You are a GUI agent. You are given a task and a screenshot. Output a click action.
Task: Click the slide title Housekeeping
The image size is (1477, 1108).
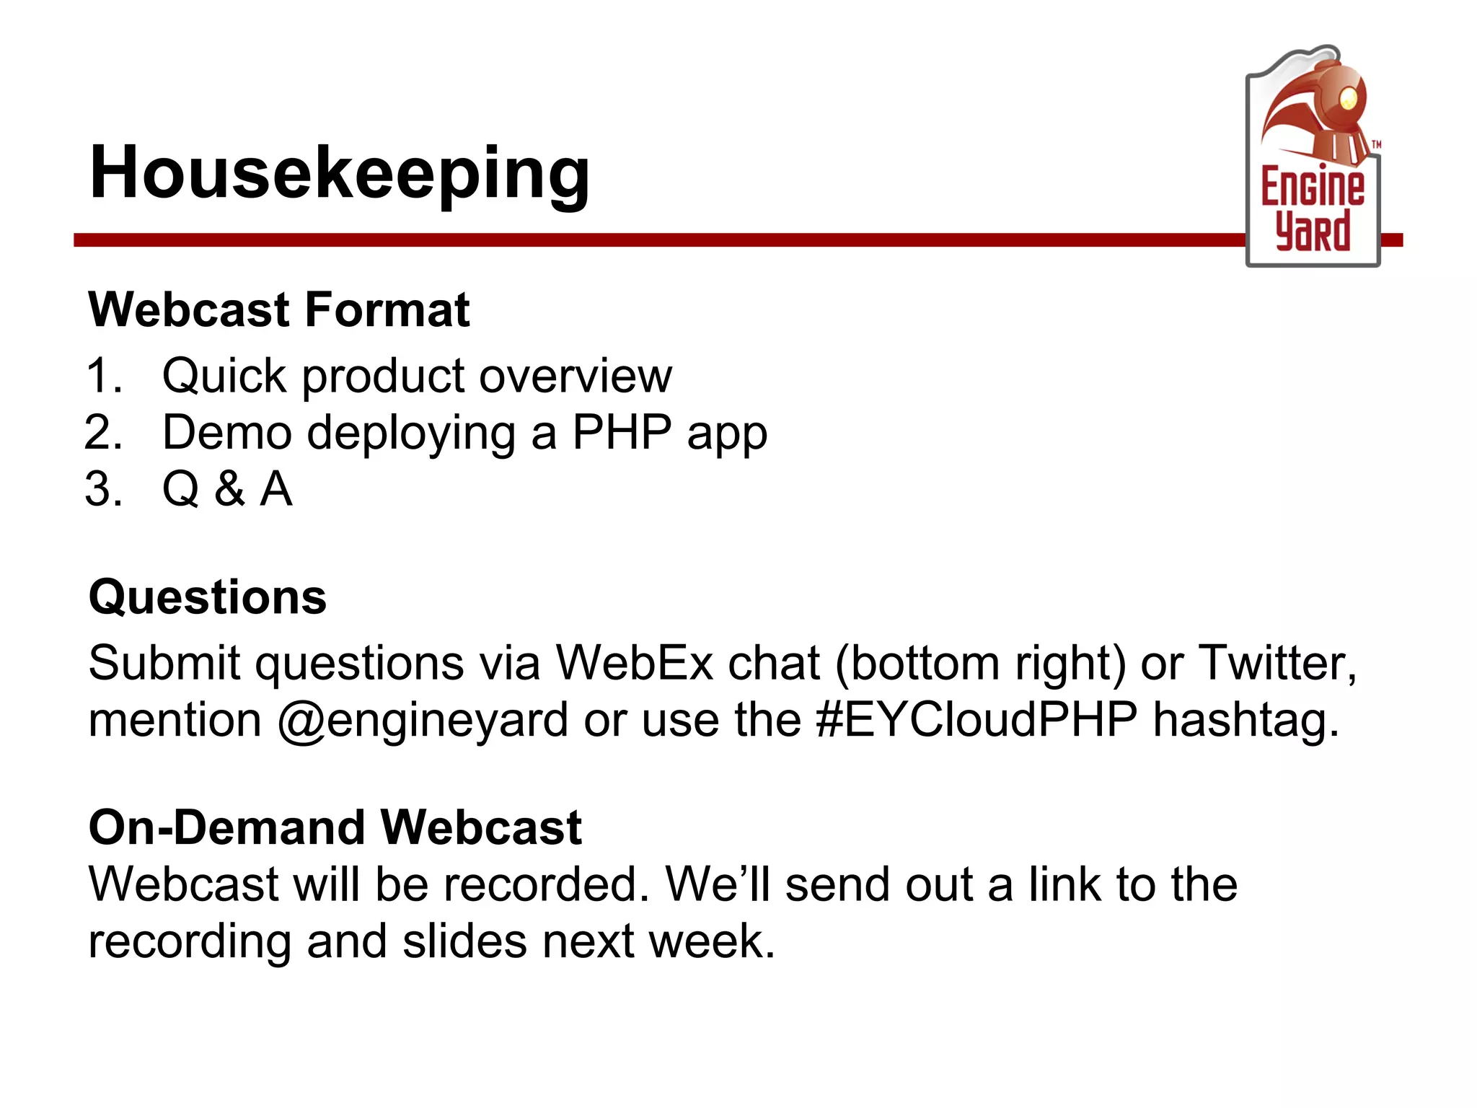[x=339, y=173]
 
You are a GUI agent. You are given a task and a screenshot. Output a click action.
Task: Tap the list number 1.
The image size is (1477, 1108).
[x=103, y=376]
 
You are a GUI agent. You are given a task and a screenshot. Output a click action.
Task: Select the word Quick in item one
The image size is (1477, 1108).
[x=224, y=376]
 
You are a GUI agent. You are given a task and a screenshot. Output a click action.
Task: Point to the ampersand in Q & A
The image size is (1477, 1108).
[x=229, y=489]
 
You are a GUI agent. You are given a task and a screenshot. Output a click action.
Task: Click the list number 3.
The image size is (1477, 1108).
[x=103, y=489]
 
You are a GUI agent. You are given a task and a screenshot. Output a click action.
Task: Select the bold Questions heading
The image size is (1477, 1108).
[x=208, y=597]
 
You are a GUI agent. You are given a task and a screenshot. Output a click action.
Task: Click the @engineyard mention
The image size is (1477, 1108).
[x=423, y=720]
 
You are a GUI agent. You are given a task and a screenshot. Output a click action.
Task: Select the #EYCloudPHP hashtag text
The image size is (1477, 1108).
[x=976, y=720]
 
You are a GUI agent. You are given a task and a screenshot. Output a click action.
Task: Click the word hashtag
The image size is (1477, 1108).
[x=1245, y=720]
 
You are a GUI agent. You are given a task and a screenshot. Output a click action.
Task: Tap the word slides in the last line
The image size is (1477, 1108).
[x=464, y=941]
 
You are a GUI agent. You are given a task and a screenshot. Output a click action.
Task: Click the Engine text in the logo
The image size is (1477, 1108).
[x=1313, y=186]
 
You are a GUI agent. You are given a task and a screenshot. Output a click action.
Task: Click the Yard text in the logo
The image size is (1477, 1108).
[x=1313, y=232]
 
